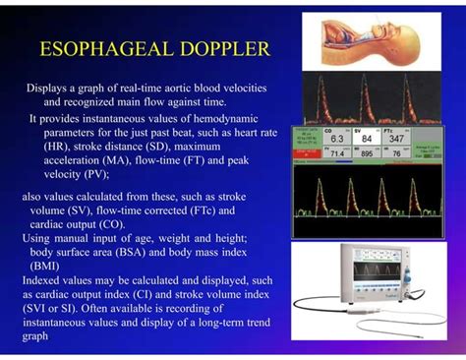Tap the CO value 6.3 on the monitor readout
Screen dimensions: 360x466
click(336, 139)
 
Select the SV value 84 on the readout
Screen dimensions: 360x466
click(366, 139)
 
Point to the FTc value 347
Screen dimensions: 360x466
click(396, 139)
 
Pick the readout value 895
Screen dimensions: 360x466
click(367, 154)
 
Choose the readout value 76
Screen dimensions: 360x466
click(396, 154)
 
